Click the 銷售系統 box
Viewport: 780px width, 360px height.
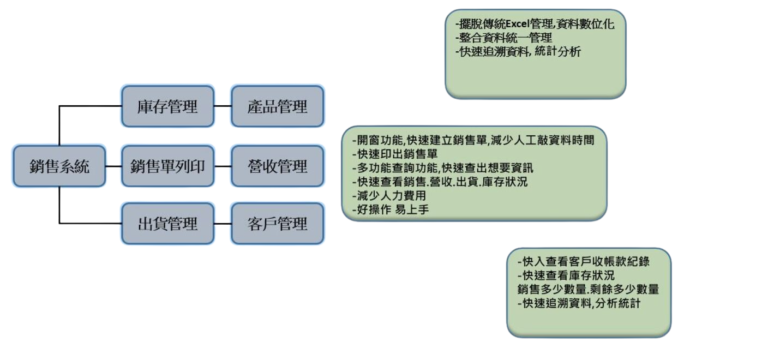[x=59, y=166]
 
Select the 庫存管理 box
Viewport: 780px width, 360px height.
[x=167, y=106]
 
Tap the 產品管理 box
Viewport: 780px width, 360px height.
[x=277, y=106]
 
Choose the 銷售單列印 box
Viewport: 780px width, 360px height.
[x=167, y=166]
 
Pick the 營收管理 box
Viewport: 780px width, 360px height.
[x=277, y=166]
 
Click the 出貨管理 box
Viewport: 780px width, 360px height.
[x=167, y=223]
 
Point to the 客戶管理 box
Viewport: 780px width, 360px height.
[x=277, y=223]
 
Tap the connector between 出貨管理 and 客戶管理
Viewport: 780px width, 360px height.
[x=222, y=223]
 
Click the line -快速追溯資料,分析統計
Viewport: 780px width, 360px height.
[x=578, y=303]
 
